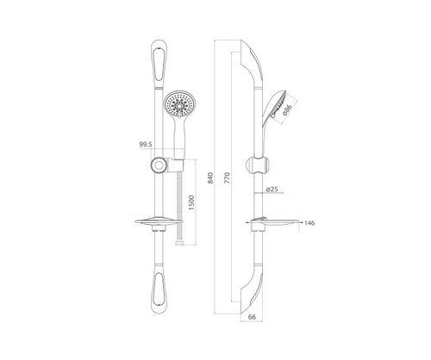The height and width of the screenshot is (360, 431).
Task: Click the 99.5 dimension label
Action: coord(146,145)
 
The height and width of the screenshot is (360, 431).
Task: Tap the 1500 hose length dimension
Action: coord(191,202)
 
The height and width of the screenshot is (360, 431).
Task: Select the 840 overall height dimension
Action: coord(210,178)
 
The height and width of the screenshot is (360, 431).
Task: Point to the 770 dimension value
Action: coord(227,178)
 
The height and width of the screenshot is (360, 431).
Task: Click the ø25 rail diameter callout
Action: coord(272,189)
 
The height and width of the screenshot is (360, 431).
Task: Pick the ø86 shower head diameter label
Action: coord(287,109)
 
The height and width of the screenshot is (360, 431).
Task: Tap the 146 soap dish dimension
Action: coord(309,223)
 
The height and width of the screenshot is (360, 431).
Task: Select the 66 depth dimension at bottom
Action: coord(252,317)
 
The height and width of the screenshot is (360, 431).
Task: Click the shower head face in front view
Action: coord(179,104)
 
